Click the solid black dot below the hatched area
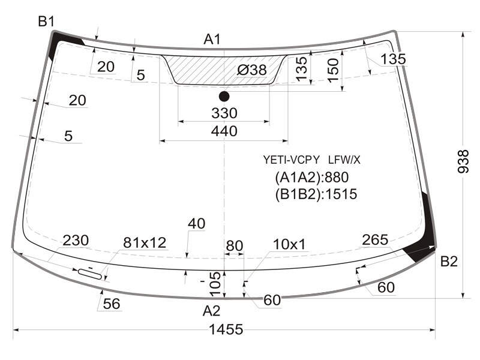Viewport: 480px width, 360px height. pos(224,97)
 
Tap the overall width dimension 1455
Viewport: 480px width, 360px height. pos(226,329)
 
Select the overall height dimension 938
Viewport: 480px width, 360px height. pos(463,161)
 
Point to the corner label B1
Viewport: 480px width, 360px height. pos(46,22)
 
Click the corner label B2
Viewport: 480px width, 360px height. pos(449,262)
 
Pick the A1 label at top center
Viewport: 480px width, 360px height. pos(212,39)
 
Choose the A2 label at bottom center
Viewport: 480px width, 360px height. pos(211,311)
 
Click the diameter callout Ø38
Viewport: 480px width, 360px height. pos(251,70)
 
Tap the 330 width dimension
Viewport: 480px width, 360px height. pos(224,113)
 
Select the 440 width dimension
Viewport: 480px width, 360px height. pos(224,131)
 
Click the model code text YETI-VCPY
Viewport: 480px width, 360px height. pos(292,160)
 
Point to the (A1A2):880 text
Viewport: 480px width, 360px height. pos(311,177)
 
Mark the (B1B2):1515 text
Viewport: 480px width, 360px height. pos(316,194)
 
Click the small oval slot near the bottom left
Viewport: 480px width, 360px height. pos(90,274)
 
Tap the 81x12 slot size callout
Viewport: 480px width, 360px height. pos(145,243)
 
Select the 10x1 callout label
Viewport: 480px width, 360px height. pos(289,244)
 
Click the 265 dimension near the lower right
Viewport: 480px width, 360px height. pos(375,239)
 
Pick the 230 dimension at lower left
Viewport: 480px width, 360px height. pos(76,241)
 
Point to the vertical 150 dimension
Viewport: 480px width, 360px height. pos(334,70)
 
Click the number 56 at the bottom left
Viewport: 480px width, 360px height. pos(112,304)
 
